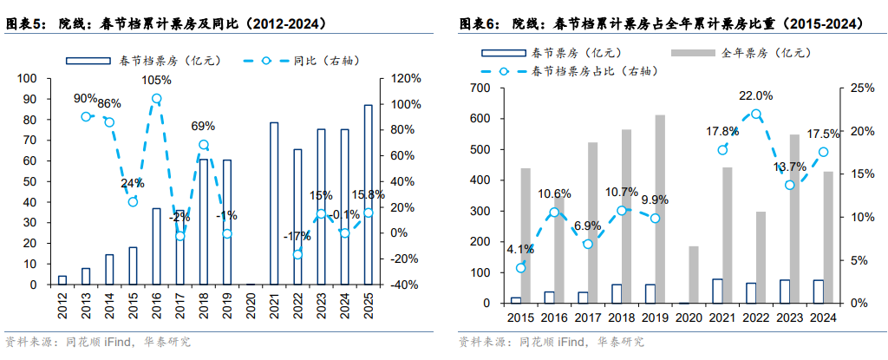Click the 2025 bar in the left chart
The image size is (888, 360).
[368, 194]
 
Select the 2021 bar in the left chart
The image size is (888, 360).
[274, 203]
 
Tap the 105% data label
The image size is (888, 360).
[156, 81]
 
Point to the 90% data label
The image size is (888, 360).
[85, 98]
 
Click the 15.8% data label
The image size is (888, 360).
[368, 194]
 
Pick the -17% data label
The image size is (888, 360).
[297, 236]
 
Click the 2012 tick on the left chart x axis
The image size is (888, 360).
[62, 305]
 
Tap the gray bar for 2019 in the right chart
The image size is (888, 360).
[660, 209]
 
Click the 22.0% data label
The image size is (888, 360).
[755, 95]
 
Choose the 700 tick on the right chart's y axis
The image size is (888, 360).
[480, 88]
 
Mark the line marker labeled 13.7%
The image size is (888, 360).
[789, 185]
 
